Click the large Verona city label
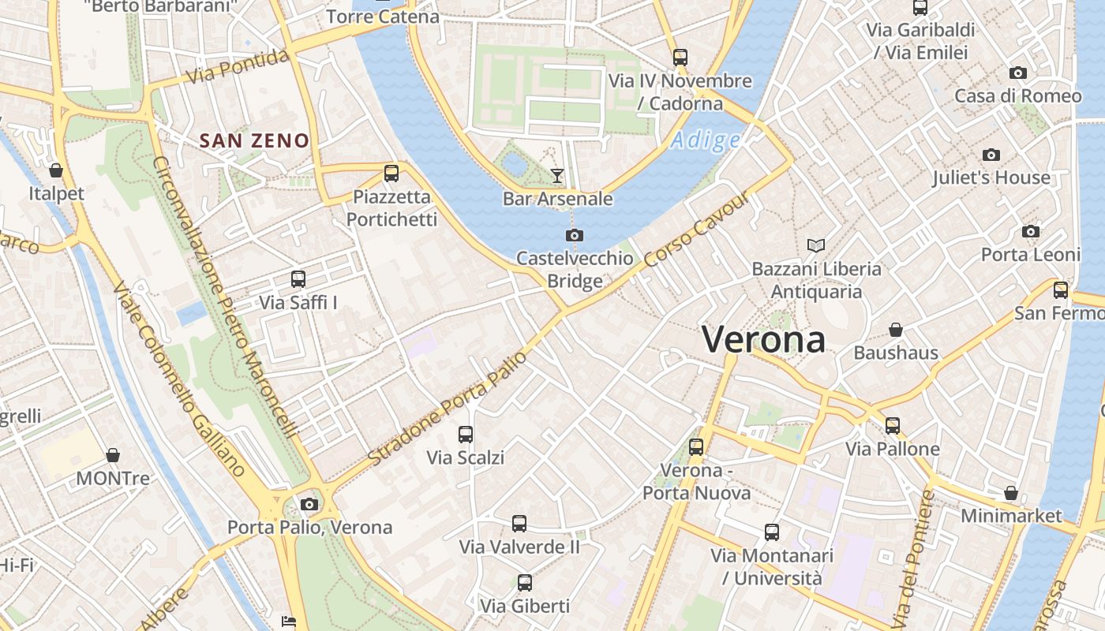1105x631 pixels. coord(763,340)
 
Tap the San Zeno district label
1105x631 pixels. coord(254,141)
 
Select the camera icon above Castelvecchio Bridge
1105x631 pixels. coord(575,235)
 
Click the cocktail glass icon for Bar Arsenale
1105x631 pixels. coord(558,175)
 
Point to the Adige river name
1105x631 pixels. coord(706,140)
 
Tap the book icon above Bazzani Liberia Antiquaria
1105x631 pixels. coord(815,245)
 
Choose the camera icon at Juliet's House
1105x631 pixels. coord(991,155)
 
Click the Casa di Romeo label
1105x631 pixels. coord(1018,96)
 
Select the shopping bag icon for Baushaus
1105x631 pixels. coord(896,329)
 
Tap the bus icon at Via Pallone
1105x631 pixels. coord(893,426)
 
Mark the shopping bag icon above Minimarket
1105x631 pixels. coord(1011,493)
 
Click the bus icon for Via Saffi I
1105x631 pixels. coord(298,278)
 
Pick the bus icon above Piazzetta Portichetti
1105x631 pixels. coord(391,174)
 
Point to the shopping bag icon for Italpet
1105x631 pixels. coord(56,170)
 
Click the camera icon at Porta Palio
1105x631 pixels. coord(309,504)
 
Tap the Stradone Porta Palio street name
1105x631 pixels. coord(447,408)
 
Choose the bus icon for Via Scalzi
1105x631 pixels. coord(466,434)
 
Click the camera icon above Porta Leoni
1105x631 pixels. coord(1030,231)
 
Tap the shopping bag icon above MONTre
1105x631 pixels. coord(113,455)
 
